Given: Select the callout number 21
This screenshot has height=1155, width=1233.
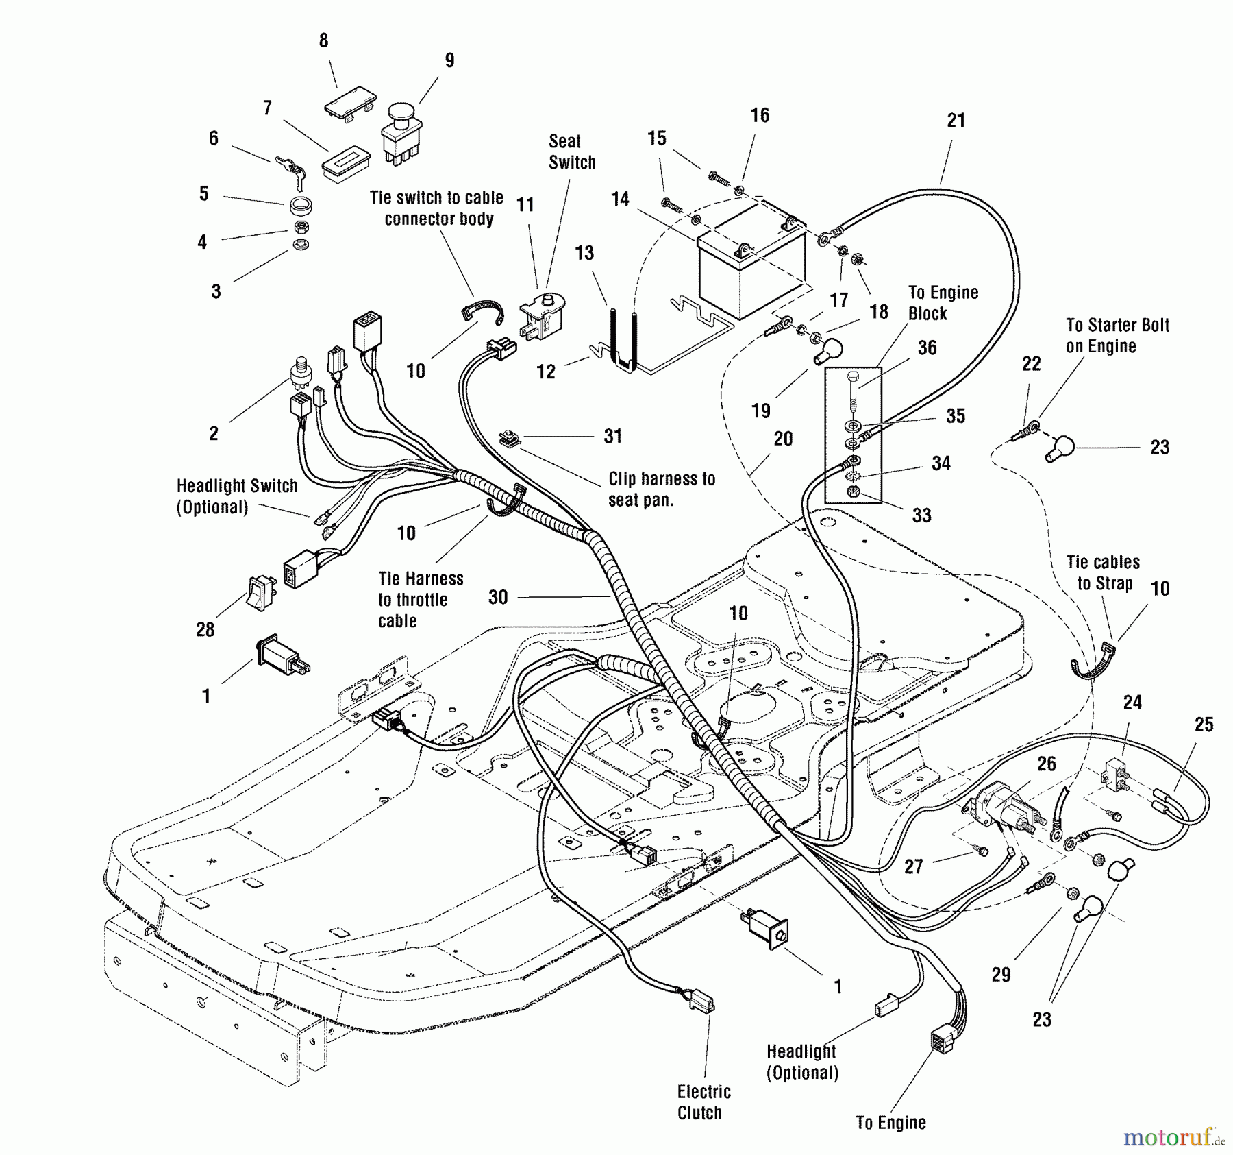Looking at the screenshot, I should (x=956, y=121).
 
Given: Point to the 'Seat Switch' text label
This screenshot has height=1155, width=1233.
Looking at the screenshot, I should (x=572, y=151).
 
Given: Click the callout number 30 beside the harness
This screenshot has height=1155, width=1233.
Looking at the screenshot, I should (x=498, y=597).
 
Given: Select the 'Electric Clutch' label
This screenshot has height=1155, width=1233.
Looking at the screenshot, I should (x=703, y=1102).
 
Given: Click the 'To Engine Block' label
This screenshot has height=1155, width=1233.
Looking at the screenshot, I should (x=943, y=303).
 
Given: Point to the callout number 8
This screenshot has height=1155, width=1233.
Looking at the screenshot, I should (x=324, y=40).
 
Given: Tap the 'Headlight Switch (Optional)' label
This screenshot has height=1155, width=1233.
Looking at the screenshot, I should (x=237, y=496).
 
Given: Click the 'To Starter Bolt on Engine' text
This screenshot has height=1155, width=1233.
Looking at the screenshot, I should (x=1117, y=335).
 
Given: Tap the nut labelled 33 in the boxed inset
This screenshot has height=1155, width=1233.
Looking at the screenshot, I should (x=853, y=491).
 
